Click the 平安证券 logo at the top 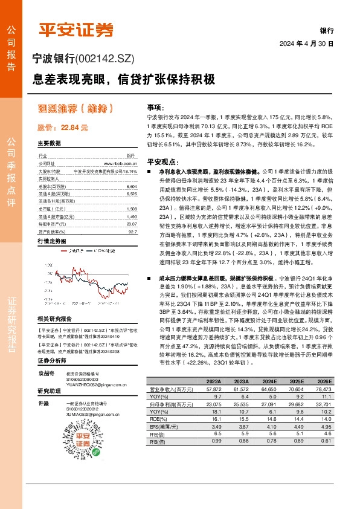point(76,28)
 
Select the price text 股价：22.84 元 point(63,128)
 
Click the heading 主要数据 point(50,144)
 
